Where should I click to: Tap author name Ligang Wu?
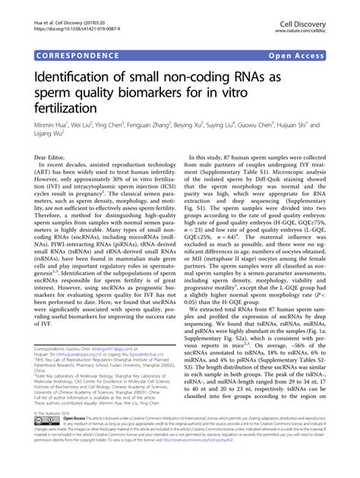click(49, 138)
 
